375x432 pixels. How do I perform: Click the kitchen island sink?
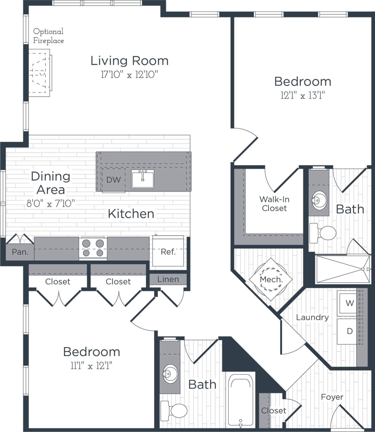[x=143, y=179]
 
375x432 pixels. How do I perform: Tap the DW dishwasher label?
[x=113, y=180]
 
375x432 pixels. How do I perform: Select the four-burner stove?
[x=93, y=248]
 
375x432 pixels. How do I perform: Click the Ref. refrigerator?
[x=168, y=251]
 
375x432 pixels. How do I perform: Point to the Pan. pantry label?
[x=20, y=252]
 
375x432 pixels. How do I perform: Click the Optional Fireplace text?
[x=49, y=36]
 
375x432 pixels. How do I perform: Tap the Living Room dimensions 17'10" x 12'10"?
[x=129, y=75]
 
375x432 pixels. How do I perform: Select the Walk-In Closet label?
[x=274, y=204]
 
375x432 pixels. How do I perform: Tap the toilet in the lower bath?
[x=175, y=410]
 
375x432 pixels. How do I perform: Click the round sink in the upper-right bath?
[x=318, y=200]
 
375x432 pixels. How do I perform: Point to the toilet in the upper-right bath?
[x=323, y=233]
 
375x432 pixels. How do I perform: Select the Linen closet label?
[x=168, y=279]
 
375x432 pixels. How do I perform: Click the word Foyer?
[x=332, y=397]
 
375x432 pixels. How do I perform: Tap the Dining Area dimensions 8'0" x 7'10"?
[x=51, y=204]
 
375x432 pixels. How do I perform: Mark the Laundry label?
[x=312, y=317]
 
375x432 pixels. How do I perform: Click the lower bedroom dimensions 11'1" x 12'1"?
[x=91, y=366]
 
